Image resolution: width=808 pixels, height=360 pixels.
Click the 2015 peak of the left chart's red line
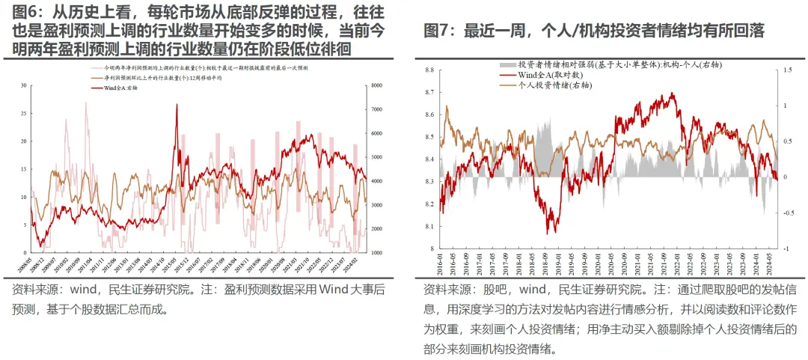coord(177,105)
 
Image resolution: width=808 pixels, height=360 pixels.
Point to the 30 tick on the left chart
coord(23,86)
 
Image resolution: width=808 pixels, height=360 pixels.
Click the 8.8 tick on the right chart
coord(430,70)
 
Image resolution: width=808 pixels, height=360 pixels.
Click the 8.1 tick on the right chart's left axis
coord(430,226)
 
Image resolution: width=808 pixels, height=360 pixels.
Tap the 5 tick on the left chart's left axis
coord(25,225)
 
